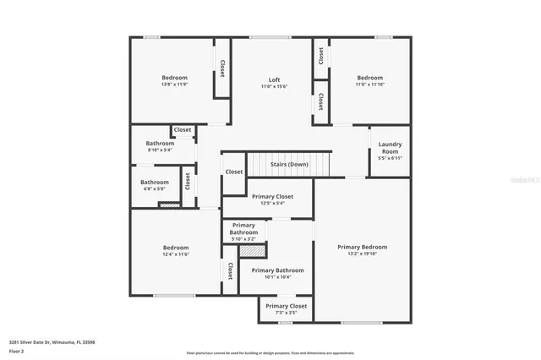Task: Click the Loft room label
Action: click(x=270, y=79)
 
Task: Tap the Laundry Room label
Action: click(x=390, y=147)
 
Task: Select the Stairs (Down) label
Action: click(x=289, y=164)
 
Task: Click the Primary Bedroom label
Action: click(x=362, y=247)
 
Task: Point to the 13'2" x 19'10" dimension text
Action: click(x=362, y=254)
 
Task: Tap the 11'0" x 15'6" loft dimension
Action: click(x=270, y=86)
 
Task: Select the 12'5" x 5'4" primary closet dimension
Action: click(x=272, y=203)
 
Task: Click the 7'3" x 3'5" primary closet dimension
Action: click(x=286, y=312)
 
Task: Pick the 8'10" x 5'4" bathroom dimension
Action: click(x=159, y=150)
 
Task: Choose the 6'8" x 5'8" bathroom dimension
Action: click(x=155, y=188)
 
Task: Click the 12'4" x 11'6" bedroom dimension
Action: click(x=176, y=254)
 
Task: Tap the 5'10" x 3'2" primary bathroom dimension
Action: click(x=243, y=239)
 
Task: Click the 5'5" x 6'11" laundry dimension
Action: click(x=390, y=158)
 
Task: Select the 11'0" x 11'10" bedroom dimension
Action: click(x=369, y=85)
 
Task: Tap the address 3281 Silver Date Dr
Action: click(x=34, y=341)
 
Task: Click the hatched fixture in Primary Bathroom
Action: click(x=252, y=250)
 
